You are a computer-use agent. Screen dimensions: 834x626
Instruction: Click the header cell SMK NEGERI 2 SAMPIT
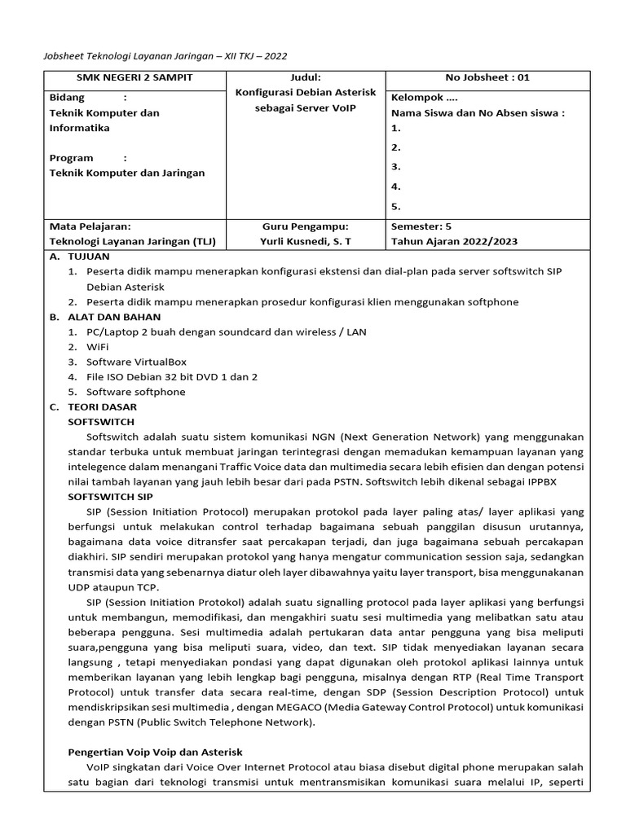click(x=134, y=78)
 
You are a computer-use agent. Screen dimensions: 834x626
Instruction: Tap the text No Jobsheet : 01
click(x=487, y=78)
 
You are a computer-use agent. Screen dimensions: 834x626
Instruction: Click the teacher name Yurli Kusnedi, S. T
click(x=305, y=242)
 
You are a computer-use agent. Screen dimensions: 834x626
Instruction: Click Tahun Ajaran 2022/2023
click(x=454, y=242)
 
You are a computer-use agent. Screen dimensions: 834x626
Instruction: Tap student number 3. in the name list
click(x=396, y=167)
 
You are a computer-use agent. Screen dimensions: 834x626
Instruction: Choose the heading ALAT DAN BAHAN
click(x=114, y=316)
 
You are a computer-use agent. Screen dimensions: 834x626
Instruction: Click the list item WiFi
click(x=98, y=347)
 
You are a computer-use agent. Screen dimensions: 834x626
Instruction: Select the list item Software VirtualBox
click(x=137, y=362)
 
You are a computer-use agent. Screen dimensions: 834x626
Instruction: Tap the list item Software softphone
click(x=136, y=392)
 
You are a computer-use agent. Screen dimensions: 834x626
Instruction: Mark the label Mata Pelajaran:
click(x=90, y=226)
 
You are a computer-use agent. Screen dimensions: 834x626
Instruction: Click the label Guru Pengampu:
click(x=305, y=226)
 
